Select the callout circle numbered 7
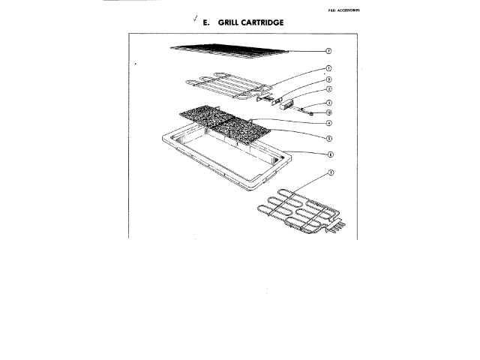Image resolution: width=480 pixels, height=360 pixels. [x=328, y=51]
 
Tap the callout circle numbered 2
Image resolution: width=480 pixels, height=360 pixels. [x=328, y=89]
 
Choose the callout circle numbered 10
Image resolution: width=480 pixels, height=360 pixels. [x=328, y=112]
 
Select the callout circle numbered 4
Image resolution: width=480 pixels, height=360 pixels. [x=328, y=123]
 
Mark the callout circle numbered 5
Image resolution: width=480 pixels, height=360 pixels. [x=328, y=138]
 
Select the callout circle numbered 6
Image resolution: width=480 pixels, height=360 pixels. [x=328, y=154]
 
